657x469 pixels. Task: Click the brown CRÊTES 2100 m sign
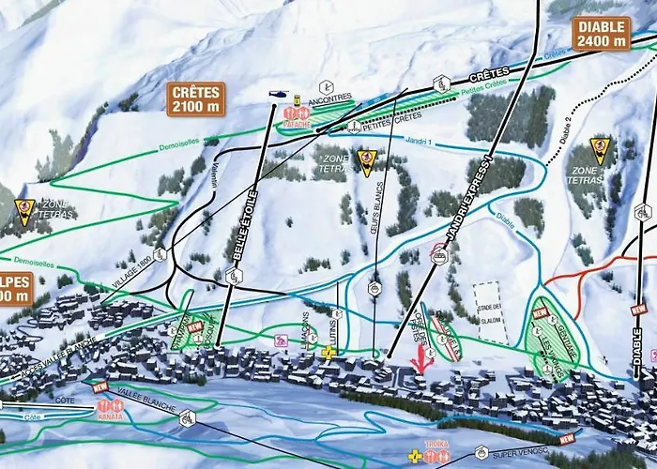coord(196,98)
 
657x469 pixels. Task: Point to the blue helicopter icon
coord(279,94)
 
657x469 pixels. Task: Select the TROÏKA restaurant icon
coord(435,456)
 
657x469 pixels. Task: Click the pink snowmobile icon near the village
coord(280,340)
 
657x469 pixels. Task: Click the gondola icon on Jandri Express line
coord(437,253)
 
